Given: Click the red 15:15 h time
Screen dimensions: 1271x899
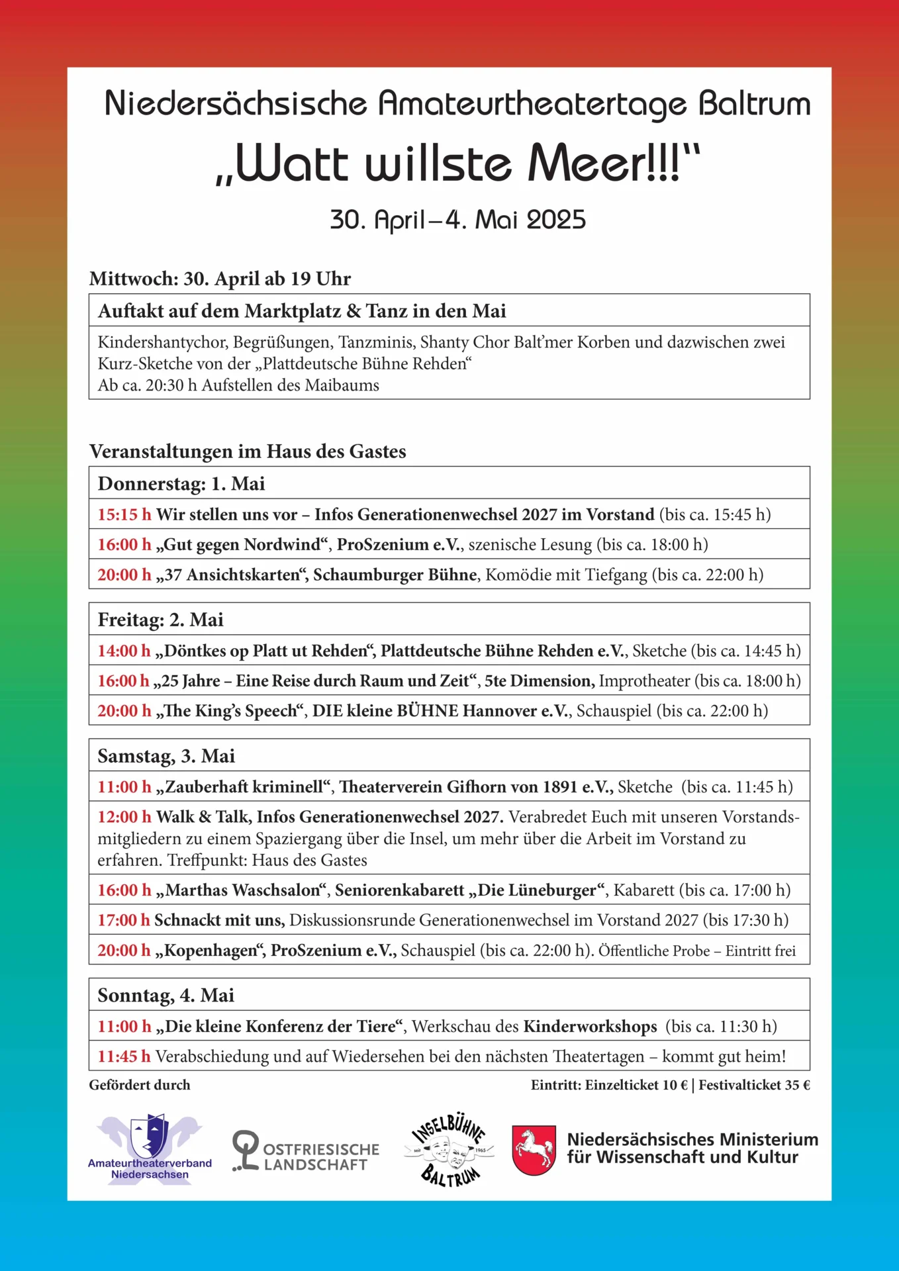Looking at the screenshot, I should point(124,514).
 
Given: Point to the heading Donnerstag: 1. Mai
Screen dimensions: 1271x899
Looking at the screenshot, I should point(181,483).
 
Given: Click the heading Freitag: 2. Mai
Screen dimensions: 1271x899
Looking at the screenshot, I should point(161,620).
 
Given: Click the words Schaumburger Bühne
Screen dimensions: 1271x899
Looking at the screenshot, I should point(395,575).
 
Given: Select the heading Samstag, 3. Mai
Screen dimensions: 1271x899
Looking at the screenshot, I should point(166,756).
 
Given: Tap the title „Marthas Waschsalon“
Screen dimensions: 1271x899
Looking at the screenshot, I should point(242,890).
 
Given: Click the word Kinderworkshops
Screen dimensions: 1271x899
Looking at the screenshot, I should point(590,1026).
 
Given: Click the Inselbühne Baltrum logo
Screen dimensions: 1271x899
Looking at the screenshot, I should point(449,1150).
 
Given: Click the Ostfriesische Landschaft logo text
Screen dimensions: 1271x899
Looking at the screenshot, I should point(321,1157).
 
